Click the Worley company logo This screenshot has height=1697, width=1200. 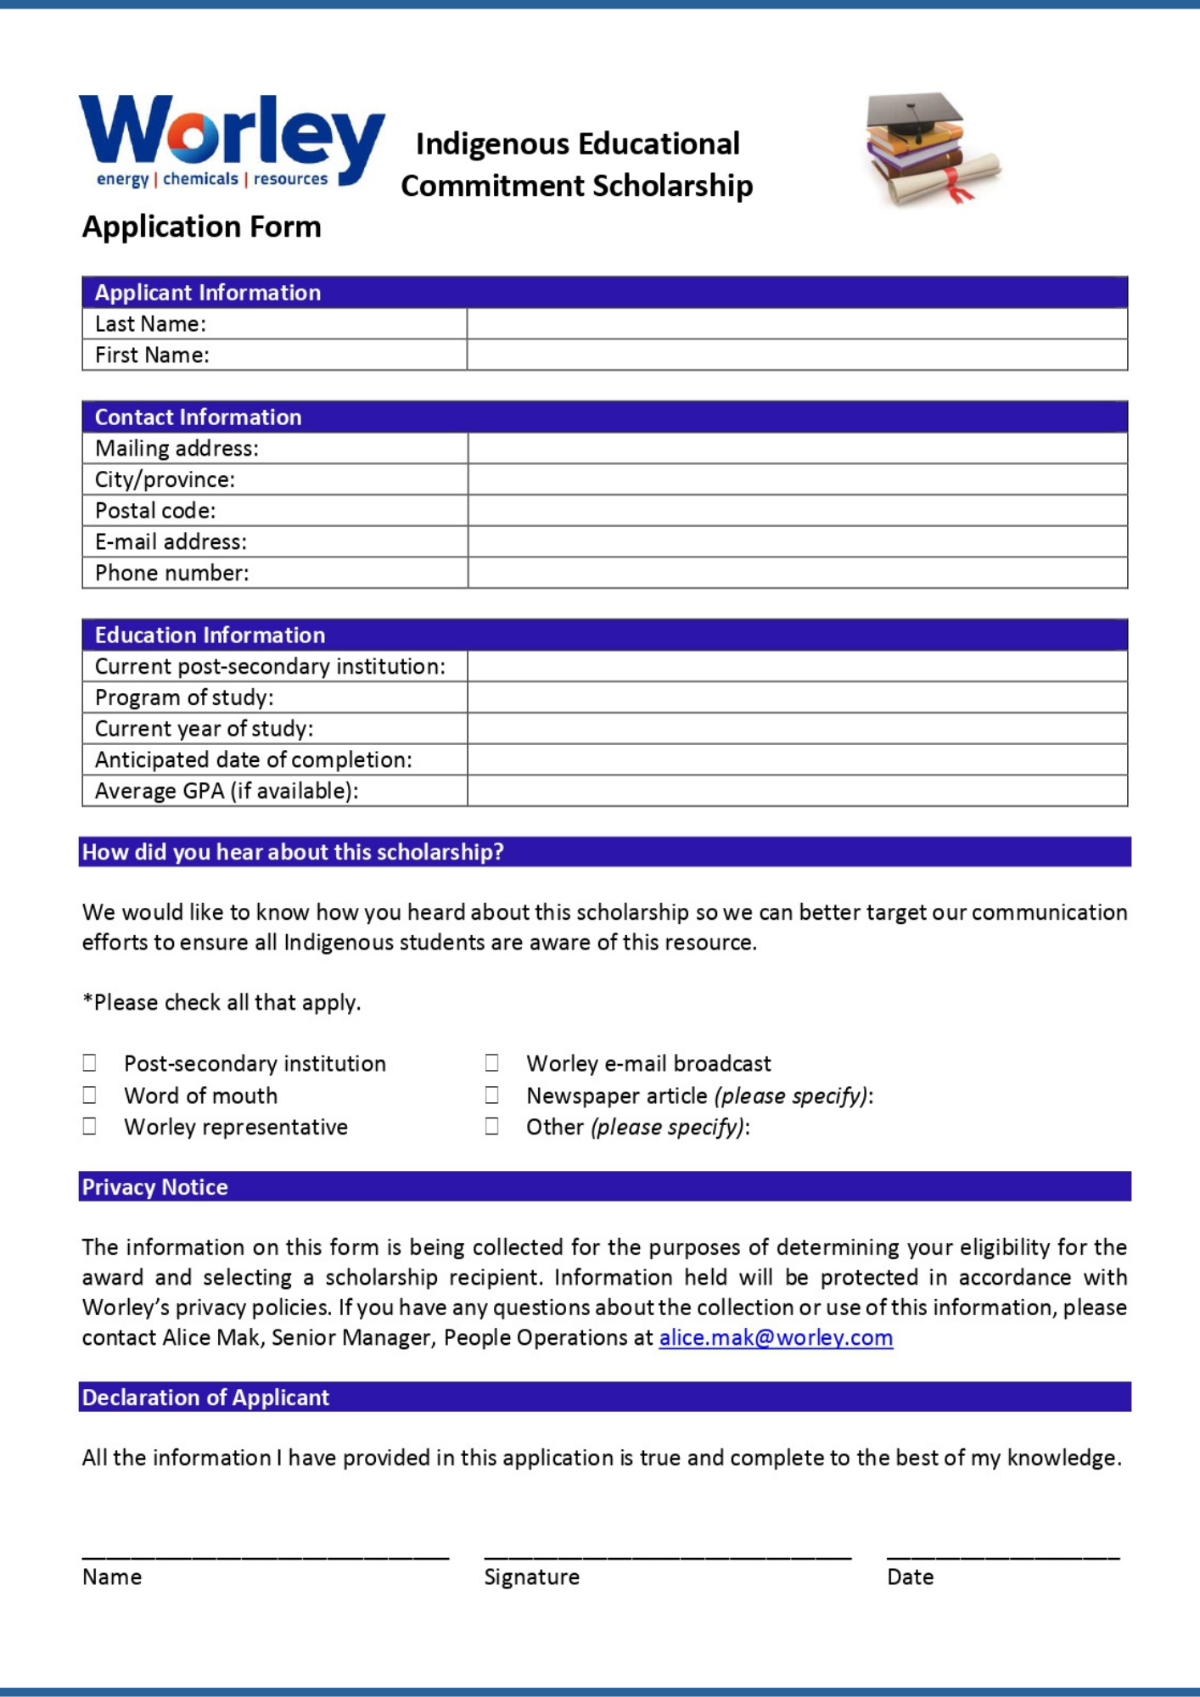click(x=231, y=141)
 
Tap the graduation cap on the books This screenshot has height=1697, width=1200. click(x=915, y=115)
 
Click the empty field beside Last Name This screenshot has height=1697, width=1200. click(x=796, y=323)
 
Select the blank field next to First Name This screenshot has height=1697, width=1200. click(x=796, y=355)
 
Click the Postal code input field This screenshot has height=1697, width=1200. click(x=797, y=511)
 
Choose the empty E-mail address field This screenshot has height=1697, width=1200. click(x=797, y=541)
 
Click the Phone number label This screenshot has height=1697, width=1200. click(x=172, y=573)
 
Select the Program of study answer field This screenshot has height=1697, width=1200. click(x=797, y=697)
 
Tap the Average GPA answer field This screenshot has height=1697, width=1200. click(x=797, y=791)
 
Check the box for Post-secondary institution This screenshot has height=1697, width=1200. click(x=89, y=1062)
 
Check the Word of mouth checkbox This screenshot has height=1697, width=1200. click(x=89, y=1095)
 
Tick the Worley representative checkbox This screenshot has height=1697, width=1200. click(x=89, y=1126)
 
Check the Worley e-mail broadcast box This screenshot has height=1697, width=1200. click(x=491, y=1062)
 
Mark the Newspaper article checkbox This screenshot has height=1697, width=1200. click(x=491, y=1095)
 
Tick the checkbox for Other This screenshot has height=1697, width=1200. click(x=491, y=1126)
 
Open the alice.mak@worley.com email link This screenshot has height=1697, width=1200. click(x=776, y=1337)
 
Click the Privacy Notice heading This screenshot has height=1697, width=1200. click(x=155, y=1186)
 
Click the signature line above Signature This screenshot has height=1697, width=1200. click(x=667, y=1555)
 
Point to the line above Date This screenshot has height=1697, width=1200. click(x=1003, y=1555)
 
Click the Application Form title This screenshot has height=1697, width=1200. click(x=202, y=227)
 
